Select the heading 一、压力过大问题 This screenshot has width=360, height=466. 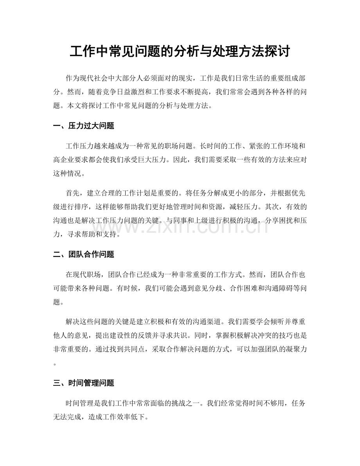point(83,126)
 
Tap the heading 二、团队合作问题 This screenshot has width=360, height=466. point(83,255)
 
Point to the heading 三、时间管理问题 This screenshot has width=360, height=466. point(83,383)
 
